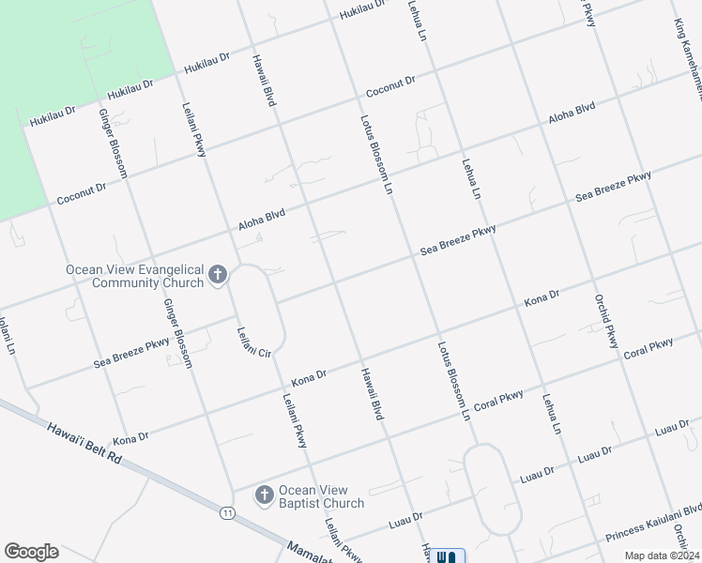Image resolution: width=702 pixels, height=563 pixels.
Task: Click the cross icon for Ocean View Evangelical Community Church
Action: pyautogui.click(x=218, y=276)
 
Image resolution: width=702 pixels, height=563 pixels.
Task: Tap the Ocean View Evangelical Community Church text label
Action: pyautogui.click(x=135, y=276)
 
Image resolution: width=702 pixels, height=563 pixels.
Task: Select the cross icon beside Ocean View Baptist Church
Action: pyautogui.click(x=264, y=495)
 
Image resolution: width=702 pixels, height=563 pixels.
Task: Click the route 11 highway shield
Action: pyautogui.click(x=227, y=512)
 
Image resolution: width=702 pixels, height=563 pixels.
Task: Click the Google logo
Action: pyautogui.click(x=31, y=552)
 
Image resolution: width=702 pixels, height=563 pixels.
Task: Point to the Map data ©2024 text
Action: pyautogui.click(x=660, y=555)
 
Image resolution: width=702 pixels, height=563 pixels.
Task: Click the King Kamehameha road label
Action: pyautogui.click(x=686, y=47)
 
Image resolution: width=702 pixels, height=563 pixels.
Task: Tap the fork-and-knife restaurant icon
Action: pyautogui.click(x=446, y=556)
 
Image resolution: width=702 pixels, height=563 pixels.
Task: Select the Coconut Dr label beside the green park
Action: pyautogui.click(x=82, y=193)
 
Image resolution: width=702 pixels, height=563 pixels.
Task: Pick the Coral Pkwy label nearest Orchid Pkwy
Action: pyautogui.click(x=649, y=348)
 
